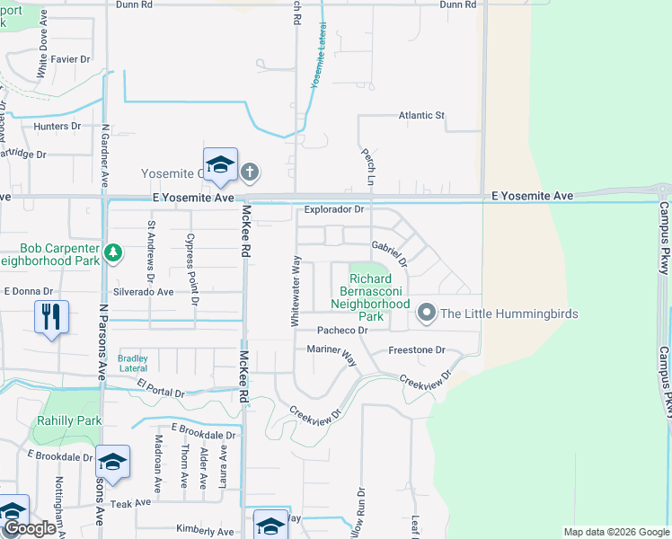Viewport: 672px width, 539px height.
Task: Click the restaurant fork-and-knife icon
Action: coord(51,315)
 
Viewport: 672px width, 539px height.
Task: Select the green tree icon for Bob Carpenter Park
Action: coord(112,253)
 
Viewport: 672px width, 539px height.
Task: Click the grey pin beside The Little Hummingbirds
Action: coord(427,314)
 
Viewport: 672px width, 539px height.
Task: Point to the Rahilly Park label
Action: coord(69,420)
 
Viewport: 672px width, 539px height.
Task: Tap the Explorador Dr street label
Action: coord(333,209)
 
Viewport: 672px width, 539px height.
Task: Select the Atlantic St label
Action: coord(421,116)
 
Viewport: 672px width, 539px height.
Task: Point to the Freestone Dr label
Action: coord(416,350)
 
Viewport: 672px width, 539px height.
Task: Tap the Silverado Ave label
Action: coord(143,293)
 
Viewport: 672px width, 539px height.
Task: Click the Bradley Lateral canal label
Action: coord(132,363)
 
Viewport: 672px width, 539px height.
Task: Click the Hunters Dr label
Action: coord(57,127)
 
